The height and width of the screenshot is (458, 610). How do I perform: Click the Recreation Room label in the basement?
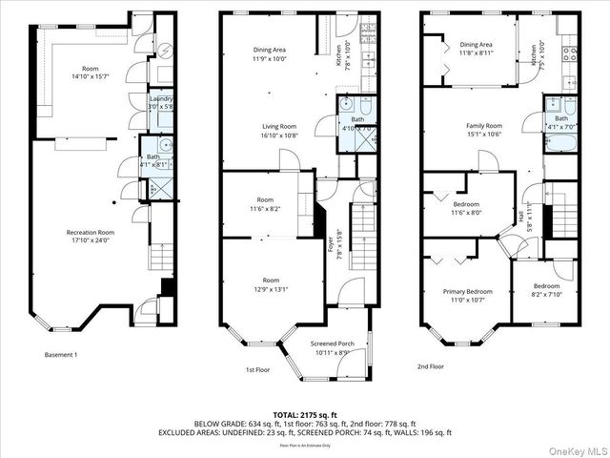coord(91,232)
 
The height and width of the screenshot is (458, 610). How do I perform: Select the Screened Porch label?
coord(332,345)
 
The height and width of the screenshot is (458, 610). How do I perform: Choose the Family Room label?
coord(483,126)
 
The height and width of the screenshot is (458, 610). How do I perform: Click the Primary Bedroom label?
coord(467,291)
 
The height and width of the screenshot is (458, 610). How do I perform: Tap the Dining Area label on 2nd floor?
coord(476,44)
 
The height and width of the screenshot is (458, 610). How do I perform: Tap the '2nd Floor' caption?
coord(430,365)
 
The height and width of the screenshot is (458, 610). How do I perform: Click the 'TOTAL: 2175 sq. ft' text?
coord(304,415)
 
